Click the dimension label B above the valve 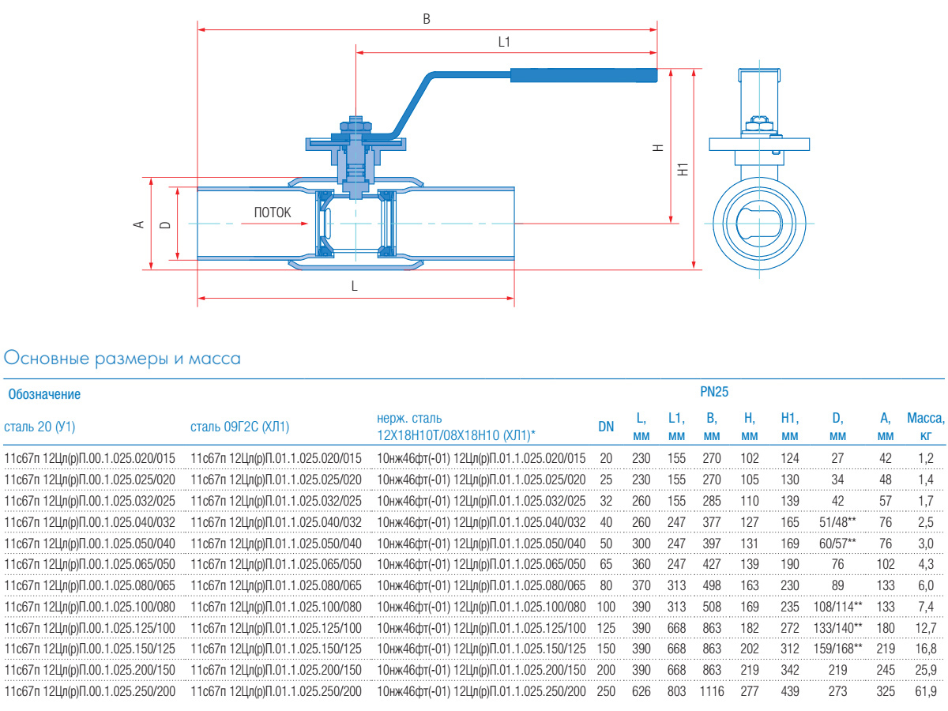click(x=427, y=20)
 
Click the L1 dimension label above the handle click(x=505, y=43)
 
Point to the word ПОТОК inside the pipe click(x=272, y=213)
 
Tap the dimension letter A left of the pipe click(x=139, y=224)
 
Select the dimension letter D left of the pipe click(x=164, y=224)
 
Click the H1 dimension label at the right click(x=684, y=169)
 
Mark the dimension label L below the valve click(x=355, y=287)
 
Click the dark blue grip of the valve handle click(x=583, y=76)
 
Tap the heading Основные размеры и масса click(x=122, y=359)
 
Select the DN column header click(x=606, y=427)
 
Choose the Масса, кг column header click(x=925, y=427)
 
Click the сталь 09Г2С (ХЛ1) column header click(x=240, y=427)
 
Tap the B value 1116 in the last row click(x=712, y=691)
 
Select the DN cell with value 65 click(x=606, y=564)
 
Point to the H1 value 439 click(x=789, y=691)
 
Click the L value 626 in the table click(x=641, y=691)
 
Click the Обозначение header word click(x=44, y=393)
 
